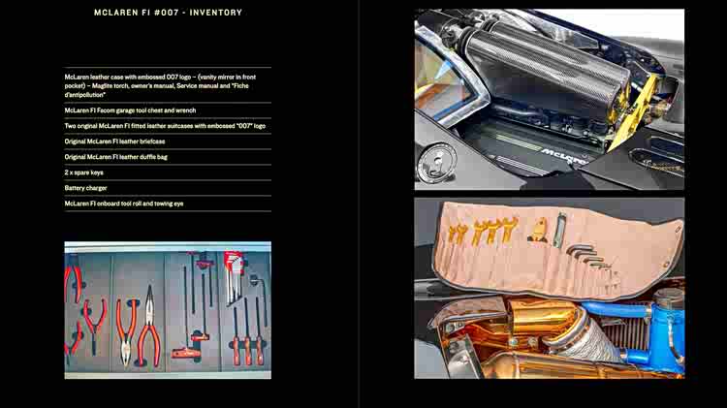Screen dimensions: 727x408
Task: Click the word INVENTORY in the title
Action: coord(215,13)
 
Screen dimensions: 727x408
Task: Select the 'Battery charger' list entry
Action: coord(85,188)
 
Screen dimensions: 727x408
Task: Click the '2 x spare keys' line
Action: coord(84,173)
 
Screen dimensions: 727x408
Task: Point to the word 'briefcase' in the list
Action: coord(152,141)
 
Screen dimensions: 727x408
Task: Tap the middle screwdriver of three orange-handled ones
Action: coord(246,336)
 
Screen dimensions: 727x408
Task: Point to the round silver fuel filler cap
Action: coord(436,162)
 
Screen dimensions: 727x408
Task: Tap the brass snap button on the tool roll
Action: coord(679,229)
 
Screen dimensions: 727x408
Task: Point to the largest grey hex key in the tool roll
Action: coord(580,249)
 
